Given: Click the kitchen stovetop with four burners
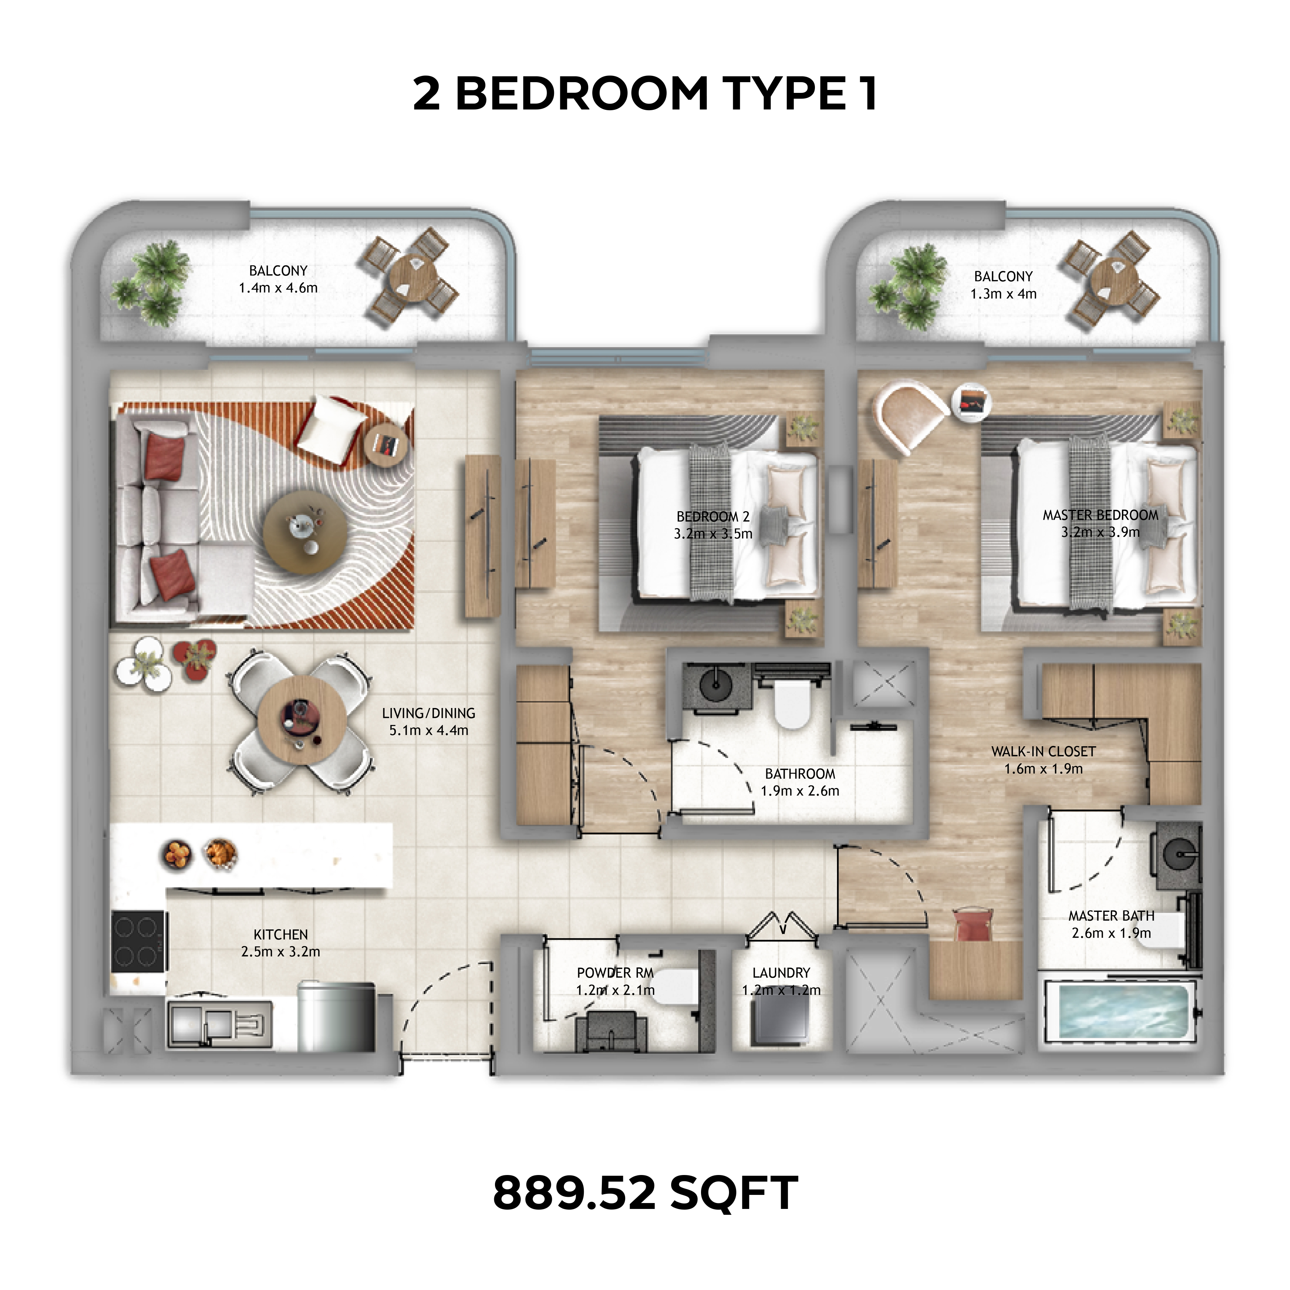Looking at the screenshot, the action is [x=137, y=941].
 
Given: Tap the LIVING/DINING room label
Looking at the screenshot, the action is [x=429, y=713].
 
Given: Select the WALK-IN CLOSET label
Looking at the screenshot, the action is [x=1043, y=751].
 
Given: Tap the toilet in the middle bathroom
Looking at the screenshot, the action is [x=792, y=706].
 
